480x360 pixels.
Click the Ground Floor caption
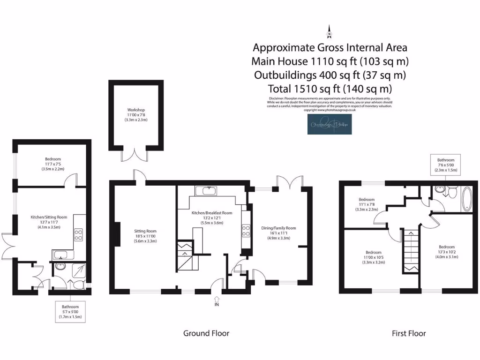206,333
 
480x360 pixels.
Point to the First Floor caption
409,333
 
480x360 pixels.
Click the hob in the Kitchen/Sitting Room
79,234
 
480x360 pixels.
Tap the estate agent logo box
330,124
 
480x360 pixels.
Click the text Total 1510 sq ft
330,88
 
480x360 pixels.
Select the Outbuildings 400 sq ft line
330,75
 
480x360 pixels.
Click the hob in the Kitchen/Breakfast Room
246,230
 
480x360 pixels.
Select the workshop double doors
136,156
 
